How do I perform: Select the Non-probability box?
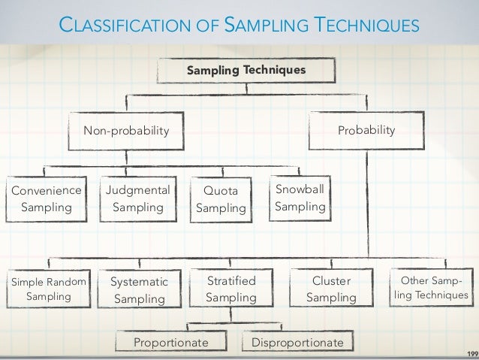point(126,131)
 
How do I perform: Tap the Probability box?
point(366,130)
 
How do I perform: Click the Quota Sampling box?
point(221,198)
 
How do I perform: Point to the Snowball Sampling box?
point(300,197)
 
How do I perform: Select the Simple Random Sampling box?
point(49,289)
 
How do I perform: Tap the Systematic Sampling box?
point(140,290)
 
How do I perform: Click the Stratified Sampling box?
point(230,289)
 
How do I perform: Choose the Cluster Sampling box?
point(331,289)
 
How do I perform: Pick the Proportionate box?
point(170,343)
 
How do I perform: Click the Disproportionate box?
point(297,343)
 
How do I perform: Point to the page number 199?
point(471,351)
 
